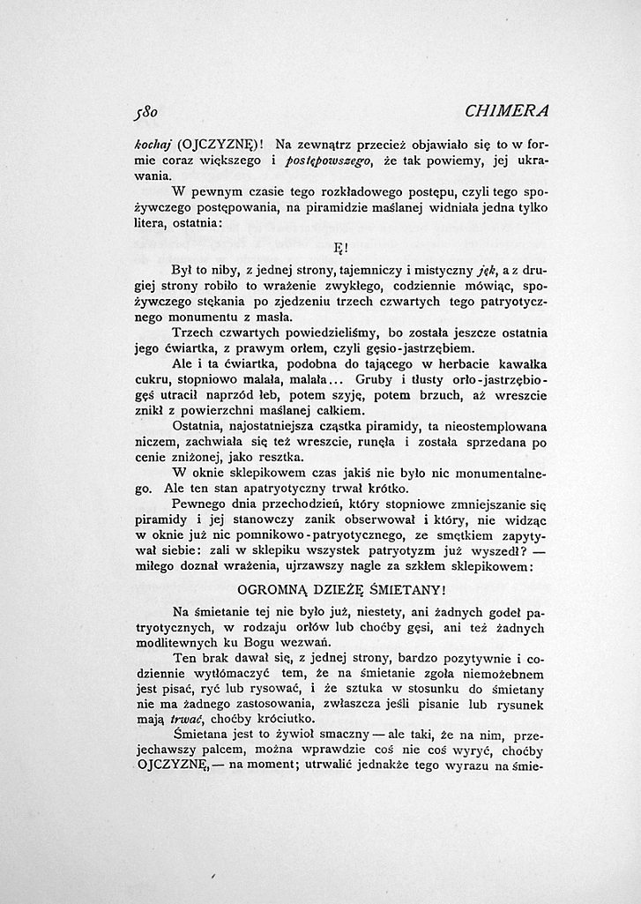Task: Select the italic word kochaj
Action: pos(140,144)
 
